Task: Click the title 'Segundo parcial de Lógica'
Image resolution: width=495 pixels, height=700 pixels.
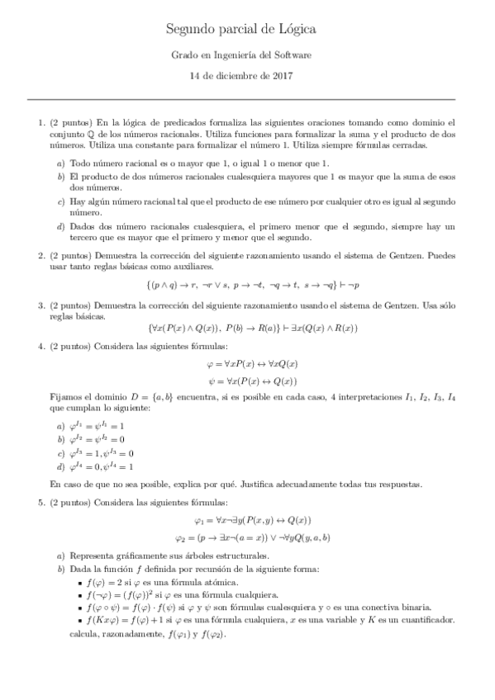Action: pyautogui.click(x=247, y=30)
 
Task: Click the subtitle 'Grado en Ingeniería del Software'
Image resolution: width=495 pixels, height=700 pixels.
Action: pyautogui.click(x=247, y=55)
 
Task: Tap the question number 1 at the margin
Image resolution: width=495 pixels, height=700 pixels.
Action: pyautogui.click(x=41, y=122)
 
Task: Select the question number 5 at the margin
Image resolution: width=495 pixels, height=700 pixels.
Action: pyautogui.click(x=41, y=502)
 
